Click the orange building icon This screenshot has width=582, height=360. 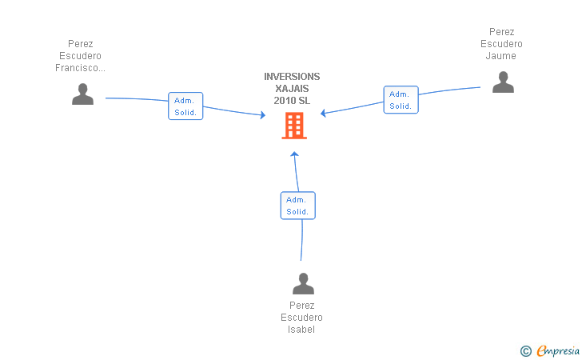[294, 126]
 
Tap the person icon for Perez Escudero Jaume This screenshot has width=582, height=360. [503, 82]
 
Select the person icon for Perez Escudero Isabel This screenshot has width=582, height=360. [303, 283]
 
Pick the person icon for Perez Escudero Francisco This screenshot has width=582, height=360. [82, 94]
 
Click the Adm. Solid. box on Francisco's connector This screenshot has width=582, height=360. [185, 106]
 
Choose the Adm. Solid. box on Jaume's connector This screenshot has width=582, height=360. [401, 99]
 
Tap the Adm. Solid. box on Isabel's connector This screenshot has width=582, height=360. [297, 206]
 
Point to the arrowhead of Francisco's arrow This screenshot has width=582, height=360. [263, 114]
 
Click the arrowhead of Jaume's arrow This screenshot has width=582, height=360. [323, 113]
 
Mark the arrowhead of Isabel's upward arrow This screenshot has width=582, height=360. [295, 154]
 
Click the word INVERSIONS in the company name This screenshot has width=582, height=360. [292, 77]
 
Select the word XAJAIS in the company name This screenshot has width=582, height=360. [292, 89]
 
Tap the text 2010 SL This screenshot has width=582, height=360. [292, 100]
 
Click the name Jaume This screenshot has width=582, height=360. [501, 56]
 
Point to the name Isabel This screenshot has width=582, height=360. [301, 329]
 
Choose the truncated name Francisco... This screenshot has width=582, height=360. [80, 68]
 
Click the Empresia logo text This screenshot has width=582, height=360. [558, 350]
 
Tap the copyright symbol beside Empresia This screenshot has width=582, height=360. [526, 351]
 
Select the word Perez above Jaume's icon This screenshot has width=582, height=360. [501, 31]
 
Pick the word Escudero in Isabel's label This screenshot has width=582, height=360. [301, 318]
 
